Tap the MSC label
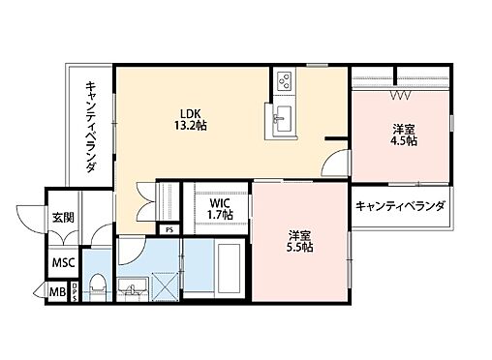coord(63,262)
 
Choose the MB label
coord(56,291)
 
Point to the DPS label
coord(75,291)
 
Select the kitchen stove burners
coord(286,81)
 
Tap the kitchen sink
coord(283,120)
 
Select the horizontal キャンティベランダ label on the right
coord(400,206)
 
